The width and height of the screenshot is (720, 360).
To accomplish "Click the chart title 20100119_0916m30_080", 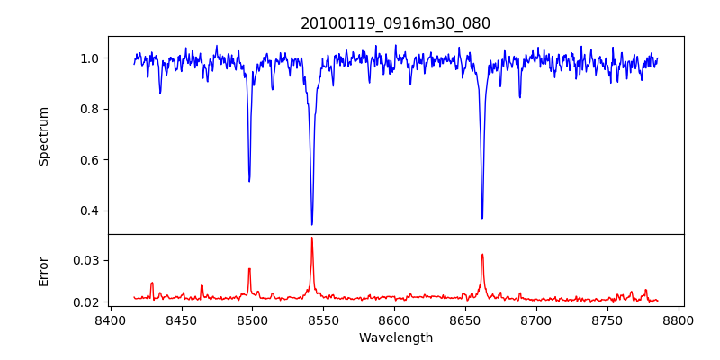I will tap(395, 23).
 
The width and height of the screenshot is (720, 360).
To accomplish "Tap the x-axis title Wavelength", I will tap(395, 338).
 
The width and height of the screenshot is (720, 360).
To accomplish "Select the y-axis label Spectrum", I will tap(44, 136).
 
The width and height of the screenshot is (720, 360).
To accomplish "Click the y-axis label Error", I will tap(44, 270).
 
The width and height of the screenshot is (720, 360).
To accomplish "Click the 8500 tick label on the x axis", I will tap(252, 320).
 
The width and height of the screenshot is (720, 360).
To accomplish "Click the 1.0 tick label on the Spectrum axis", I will tap(90, 58).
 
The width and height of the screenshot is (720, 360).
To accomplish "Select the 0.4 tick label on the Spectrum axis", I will tap(90, 211).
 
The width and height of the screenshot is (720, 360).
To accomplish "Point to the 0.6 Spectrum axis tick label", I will tap(90, 160).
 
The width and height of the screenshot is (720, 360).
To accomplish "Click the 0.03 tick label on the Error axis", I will tap(86, 260).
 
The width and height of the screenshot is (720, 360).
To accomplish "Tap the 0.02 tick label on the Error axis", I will tap(86, 302).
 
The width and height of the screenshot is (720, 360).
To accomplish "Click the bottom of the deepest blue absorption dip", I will tap(311, 224).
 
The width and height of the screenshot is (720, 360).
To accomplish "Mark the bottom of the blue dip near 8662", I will tap(482, 218).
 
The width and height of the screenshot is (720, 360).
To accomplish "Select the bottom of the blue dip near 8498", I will tap(249, 181).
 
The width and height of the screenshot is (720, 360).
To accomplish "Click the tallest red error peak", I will tap(311, 238).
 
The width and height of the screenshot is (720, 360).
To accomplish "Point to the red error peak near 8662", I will tap(482, 255).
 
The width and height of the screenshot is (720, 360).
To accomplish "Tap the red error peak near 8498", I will tap(249, 268).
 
